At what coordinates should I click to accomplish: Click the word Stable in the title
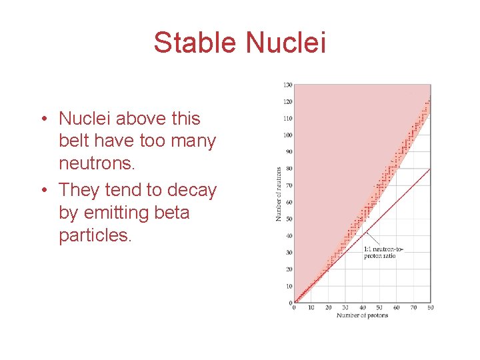pyautogui.click(x=196, y=43)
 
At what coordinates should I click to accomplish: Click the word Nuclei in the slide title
pyautogui.click(x=285, y=43)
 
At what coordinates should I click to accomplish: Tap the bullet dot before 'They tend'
pyautogui.click(x=43, y=191)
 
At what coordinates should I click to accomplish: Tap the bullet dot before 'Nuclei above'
pyautogui.click(x=43, y=119)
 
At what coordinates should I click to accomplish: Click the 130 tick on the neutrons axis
pyautogui.click(x=287, y=85)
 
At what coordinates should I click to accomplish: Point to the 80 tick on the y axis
pyautogui.click(x=288, y=169)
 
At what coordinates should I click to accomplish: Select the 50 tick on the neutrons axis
pyautogui.click(x=288, y=219)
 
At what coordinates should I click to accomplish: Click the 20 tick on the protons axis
pyautogui.click(x=328, y=307)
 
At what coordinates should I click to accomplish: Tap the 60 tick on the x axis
pyautogui.click(x=396, y=307)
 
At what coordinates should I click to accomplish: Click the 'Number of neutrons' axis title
pyautogui.click(x=279, y=193)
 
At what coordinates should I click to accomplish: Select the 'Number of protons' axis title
pyautogui.click(x=362, y=315)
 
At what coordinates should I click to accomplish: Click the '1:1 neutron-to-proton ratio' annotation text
pyautogui.click(x=383, y=252)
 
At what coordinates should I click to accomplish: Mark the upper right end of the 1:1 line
pyautogui.click(x=430, y=169)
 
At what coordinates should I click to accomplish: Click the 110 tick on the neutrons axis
pyautogui.click(x=287, y=118)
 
